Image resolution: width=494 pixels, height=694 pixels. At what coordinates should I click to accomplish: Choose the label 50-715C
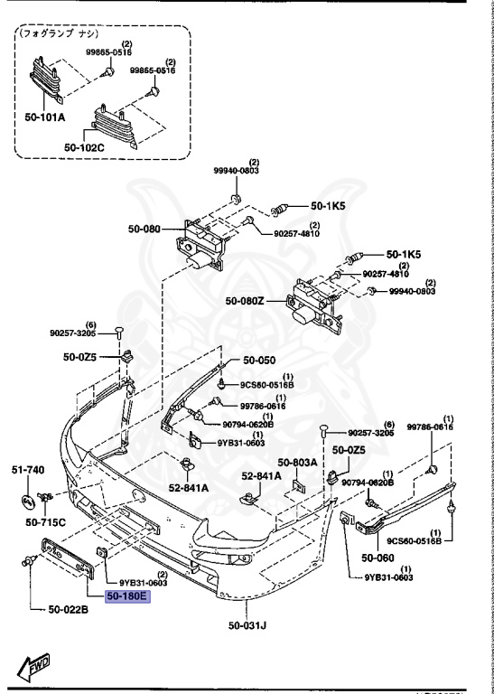(44, 521)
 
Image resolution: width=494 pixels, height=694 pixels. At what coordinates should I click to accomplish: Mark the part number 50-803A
(297, 462)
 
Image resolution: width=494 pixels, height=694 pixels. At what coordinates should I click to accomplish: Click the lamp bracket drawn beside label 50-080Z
(314, 305)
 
